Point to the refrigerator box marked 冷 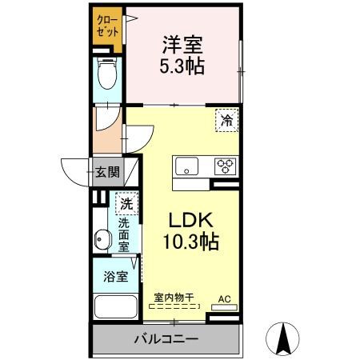[227, 121]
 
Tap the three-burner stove [225, 166]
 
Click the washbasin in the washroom [102, 238]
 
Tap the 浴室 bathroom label [115, 277]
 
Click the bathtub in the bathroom [114, 308]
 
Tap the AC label [225, 299]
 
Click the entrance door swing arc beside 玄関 [74, 170]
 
